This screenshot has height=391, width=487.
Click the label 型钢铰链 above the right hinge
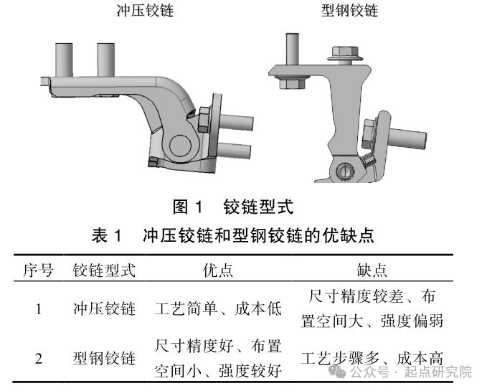click(x=349, y=11)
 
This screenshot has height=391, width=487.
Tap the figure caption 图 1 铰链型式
click(x=233, y=207)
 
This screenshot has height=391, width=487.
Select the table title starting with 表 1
click(x=234, y=235)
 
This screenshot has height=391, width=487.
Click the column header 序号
click(x=39, y=270)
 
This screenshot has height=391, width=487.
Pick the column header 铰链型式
click(x=105, y=270)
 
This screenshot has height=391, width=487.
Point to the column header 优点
click(x=218, y=270)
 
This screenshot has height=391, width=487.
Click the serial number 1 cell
click(x=39, y=309)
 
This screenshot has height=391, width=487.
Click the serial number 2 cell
click(x=39, y=358)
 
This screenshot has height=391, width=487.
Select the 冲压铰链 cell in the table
click(x=105, y=309)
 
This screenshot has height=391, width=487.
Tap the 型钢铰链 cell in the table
click(x=105, y=358)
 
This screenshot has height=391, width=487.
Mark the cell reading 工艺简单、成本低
click(x=218, y=309)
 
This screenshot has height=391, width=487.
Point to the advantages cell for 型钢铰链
click(x=218, y=358)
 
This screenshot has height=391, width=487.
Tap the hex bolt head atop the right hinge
click(x=342, y=54)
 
